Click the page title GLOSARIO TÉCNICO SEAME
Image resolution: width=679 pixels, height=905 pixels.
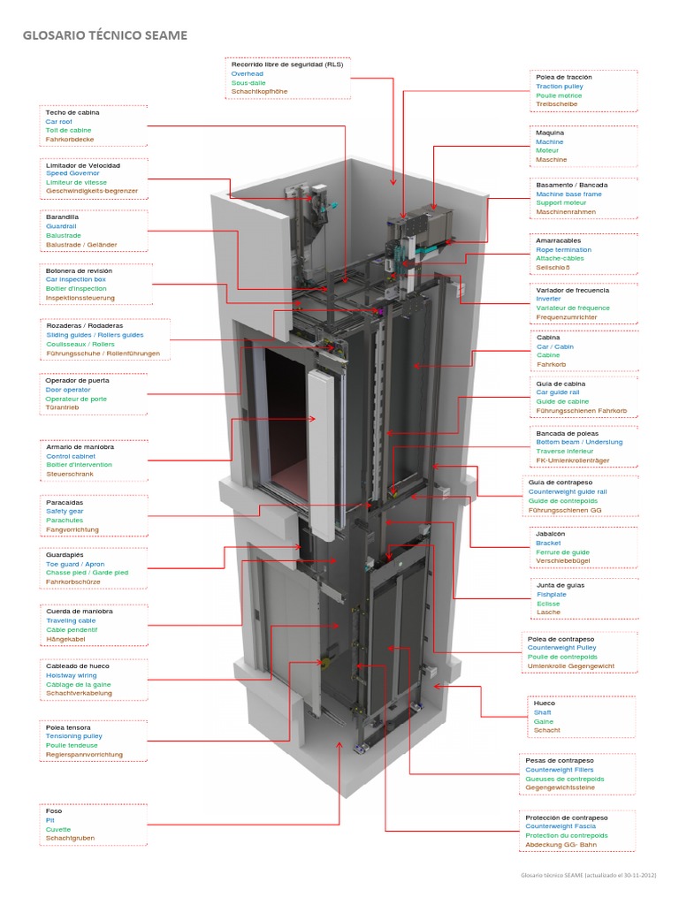(104, 34)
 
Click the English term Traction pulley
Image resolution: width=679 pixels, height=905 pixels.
(559, 87)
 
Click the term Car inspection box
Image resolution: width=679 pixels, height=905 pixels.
(75, 279)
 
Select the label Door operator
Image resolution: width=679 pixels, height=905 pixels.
(67, 389)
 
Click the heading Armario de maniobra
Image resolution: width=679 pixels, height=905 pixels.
(80, 447)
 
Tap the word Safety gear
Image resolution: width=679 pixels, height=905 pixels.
(65, 511)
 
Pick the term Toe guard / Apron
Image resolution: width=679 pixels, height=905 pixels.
(75, 564)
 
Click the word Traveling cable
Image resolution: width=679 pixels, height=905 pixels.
(71, 620)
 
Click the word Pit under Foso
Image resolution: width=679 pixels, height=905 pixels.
(50, 820)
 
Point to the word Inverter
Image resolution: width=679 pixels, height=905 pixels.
(548, 299)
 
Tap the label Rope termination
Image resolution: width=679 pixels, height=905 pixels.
(563, 249)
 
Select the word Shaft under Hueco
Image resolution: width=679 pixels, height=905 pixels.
(542, 712)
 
